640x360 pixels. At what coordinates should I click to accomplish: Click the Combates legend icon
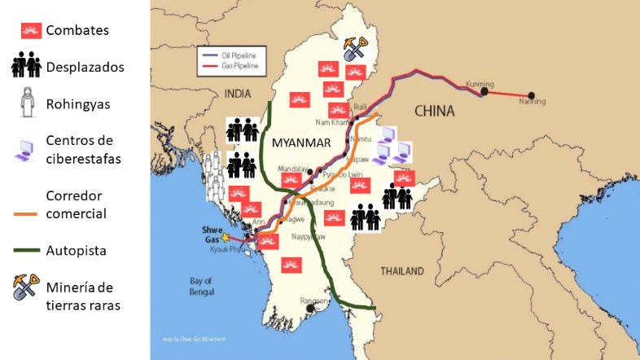pos(31,31)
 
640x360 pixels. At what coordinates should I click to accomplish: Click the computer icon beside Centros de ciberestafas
pos(26,149)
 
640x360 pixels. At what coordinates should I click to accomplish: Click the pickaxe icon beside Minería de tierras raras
pos(27,287)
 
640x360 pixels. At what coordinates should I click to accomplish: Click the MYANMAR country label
pos(300,143)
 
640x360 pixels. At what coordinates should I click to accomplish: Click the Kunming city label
pos(480,84)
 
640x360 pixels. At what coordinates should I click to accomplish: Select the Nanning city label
pos(532,102)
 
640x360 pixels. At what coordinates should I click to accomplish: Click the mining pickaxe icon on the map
pos(356,48)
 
